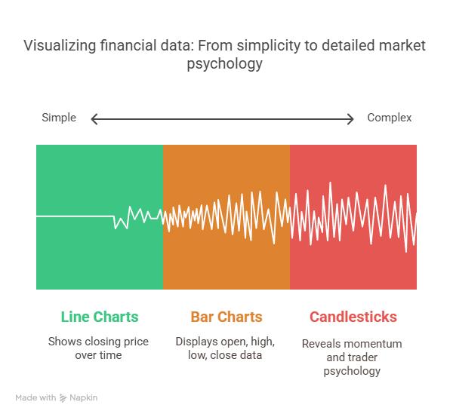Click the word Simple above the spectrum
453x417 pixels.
59,118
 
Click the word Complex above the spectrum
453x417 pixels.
390,118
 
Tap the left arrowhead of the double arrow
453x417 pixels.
94,118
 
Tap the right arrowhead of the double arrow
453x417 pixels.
350,118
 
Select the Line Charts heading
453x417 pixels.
100,317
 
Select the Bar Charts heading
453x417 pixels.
226,317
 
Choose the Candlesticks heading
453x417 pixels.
353,317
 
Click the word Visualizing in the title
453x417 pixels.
60,46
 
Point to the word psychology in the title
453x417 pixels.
225,64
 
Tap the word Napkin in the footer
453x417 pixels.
85,397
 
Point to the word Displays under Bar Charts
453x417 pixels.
197,342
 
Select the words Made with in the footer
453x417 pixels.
35,397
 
